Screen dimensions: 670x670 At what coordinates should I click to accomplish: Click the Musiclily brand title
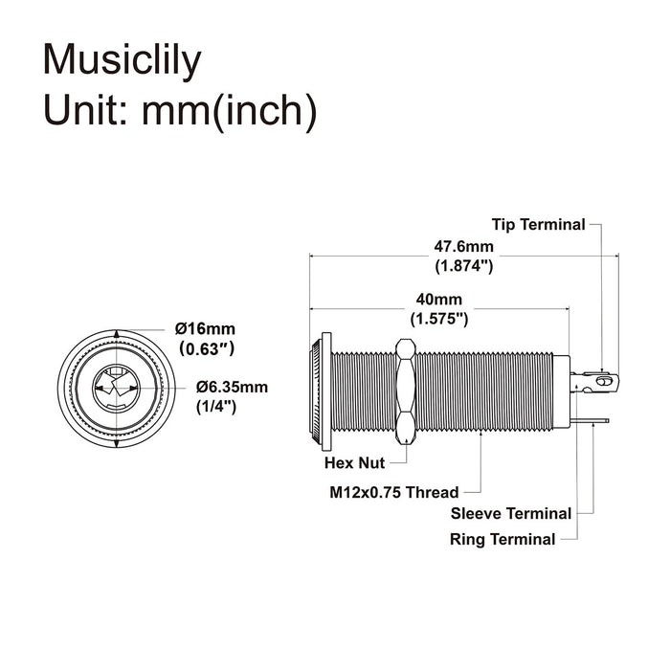pos(123,59)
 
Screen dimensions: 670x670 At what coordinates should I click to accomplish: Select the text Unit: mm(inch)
pos(180,110)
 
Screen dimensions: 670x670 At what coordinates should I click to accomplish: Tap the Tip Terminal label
pos(538,225)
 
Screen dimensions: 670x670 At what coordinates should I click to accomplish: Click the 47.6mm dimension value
pos(465,246)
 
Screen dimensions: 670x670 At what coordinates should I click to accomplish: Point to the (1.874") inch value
pos(464,265)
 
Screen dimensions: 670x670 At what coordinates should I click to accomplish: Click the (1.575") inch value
pos(438,318)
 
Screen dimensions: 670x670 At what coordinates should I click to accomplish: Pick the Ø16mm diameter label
pos(205,328)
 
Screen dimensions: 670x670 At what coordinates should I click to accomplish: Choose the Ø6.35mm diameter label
pos(232,388)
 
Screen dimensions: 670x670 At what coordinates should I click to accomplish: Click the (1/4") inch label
pos(217,406)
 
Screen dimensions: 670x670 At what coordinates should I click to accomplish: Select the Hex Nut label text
pos(354,463)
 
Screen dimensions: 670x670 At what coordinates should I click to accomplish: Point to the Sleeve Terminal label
pos(511,514)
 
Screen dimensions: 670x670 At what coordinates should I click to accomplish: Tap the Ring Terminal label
pos(502,539)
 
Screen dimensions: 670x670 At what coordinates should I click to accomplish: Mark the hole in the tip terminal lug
pos(602,382)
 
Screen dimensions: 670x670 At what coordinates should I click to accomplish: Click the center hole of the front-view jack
pos(117,388)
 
